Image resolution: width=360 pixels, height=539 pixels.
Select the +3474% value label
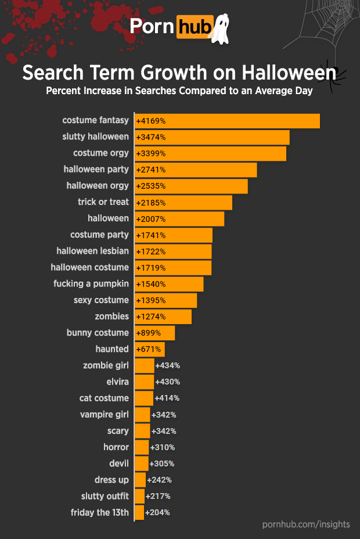pyautogui.click(x=151, y=137)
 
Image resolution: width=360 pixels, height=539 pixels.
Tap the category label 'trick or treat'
pyautogui.click(x=103, y=202)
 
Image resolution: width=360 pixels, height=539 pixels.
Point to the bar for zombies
pyautogui.click(x=163, y=317)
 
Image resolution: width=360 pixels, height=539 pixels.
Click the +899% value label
pyautogui.click(x=149, y=333)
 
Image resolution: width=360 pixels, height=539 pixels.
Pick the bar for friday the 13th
pyautogui.click(x=139, y=512)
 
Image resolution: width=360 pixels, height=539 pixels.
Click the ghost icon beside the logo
pyautogui.click(x=220, y=29)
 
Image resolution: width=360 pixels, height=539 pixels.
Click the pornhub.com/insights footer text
pyautogui.click(x=306, y=524)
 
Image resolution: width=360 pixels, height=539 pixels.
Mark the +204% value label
pyautogui.click(x=157, y=512)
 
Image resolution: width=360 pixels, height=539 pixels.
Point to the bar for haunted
pyautogui.click(x=150, y=349)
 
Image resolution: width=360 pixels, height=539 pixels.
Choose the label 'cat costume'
pyautogui.click(x=104, y=398)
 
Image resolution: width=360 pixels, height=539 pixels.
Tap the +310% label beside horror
pyautogui.click(x=163, y=447)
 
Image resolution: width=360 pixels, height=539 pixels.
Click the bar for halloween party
pyautogui.click(x=196, y=170)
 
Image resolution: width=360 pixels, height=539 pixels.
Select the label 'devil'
pyautogui.click(x=119, y=463)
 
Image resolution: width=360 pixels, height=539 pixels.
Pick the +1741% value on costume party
pyautogui.click(x=151, y=235)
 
